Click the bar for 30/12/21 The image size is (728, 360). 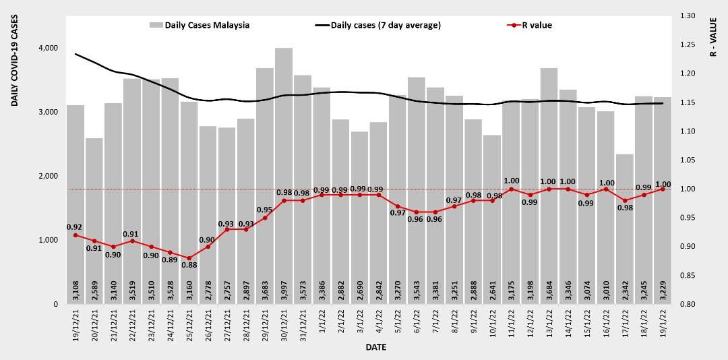(284, 175)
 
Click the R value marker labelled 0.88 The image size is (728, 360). (189, 258)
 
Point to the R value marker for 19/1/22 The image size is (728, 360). (663, 189)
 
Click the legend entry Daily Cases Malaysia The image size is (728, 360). (200, 26)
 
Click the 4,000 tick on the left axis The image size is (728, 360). (48, 48)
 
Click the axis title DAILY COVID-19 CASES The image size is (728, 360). (14, 61)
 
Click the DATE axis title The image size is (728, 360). (375, 347)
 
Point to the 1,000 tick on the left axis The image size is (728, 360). (48, 240)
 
